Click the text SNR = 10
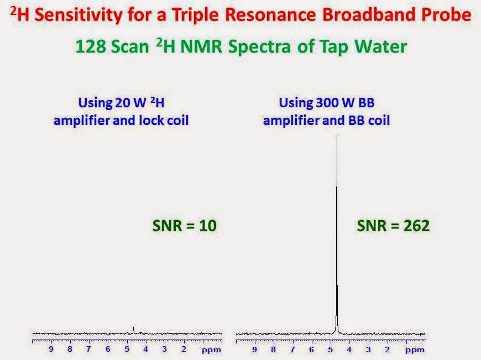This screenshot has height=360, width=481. click(x=184, y=226)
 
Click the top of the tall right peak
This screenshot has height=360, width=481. click(x=337, y=138)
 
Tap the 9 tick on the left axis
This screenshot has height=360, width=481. click(x=51, y=349)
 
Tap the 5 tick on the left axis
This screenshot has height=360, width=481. click(x=127, y=349)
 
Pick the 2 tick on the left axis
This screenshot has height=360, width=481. click(x=184, y=349)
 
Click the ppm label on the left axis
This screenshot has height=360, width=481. click(x=211, y=350)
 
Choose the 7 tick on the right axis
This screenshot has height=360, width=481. click(x=292, y=349)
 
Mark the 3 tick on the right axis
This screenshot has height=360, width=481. click(x=368, y=349)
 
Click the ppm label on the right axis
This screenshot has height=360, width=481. click(x=414, y=350)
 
